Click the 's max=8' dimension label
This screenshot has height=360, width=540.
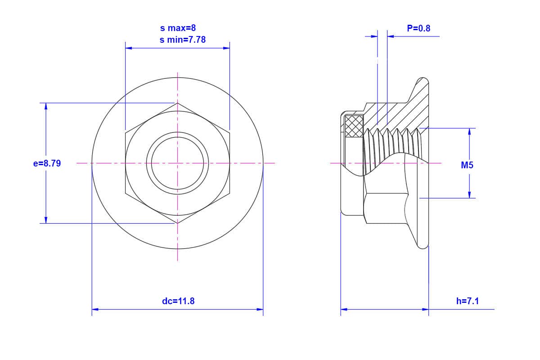[178, 28]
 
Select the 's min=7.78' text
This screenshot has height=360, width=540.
[183, 40]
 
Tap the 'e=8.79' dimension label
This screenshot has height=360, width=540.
[47, 163]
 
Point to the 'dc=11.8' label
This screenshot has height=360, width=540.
[178, 301]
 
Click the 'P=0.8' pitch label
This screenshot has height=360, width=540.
[418, 28]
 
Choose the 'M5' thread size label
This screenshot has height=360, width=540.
[467, 165]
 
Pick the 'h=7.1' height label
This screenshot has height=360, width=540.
[468, 301]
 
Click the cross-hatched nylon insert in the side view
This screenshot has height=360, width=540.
[354, 126]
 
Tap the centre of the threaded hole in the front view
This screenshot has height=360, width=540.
[177, 163]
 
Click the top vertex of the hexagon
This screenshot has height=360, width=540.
[177, 103]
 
